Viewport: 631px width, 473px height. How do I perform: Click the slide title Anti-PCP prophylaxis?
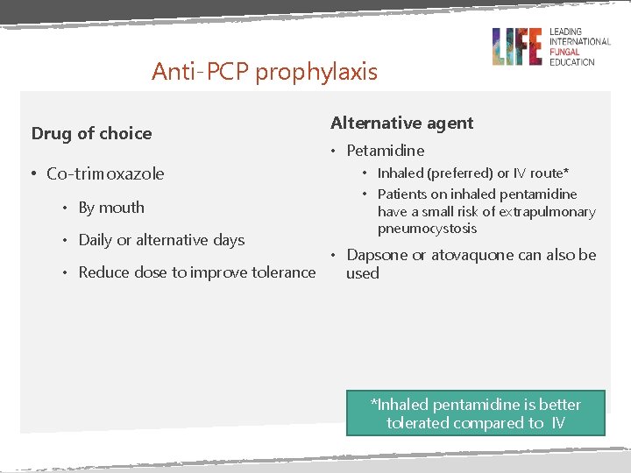pyautogui.click(x=264, y=71)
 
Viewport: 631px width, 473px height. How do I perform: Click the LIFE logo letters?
pyautogui.click(x=517, y=46)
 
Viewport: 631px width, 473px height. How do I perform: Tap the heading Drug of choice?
pyautogui.click(x=91, y=133)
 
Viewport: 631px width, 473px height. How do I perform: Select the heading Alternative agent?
pyautogui.click(x=401, y=124)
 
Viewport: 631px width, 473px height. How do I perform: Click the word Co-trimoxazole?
pyautogui.click(x=105, y=173)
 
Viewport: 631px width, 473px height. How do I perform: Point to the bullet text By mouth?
pyautogui.click(x=111, y=208)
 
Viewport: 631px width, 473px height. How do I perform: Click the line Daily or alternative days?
pyautogui.click(x=161, y=240)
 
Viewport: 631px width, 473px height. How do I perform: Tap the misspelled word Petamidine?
pyautogui.click(x=385, y=151)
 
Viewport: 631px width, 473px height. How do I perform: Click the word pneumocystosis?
pyautogui.click(x=428, y=229)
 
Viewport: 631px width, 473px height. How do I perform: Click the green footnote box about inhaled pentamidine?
pyautogui.click(x=476, y=413)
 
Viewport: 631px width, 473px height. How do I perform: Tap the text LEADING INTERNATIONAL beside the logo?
pyautogui.click(x=579, y=37)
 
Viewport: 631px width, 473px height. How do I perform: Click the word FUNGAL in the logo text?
pyautogui.click(x=565, y=52)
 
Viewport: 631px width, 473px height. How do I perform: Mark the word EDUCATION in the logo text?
pyautogui.click(x=571, y=61)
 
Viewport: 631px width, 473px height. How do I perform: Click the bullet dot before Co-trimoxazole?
pyautogui.click(x=32, y=173)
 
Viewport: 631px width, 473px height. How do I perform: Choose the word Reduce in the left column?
pyautogui.click(x=102, y=272)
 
